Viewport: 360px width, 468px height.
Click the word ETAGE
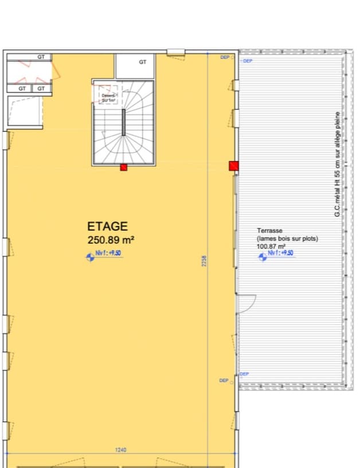tap(107, 227)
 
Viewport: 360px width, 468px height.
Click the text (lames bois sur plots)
tap(287, 238)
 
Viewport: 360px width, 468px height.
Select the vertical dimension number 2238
tap(204, 261)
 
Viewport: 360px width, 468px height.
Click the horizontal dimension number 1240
tap(120, 450)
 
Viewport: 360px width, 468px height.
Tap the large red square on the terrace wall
tap(233, 166)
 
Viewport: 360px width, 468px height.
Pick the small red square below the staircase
tap(123, 167)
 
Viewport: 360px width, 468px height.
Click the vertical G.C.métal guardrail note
tap(338, 164)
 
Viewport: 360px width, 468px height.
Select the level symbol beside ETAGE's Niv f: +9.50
tap(89, 258)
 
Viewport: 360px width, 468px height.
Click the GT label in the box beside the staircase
tap(143, 62)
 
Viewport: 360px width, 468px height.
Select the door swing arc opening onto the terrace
tap(246, 305)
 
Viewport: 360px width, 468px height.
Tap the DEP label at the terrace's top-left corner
tap(248, 61)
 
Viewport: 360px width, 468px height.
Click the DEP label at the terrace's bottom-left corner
tap(244, 374)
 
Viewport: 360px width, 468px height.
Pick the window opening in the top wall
tap(175, 52)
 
